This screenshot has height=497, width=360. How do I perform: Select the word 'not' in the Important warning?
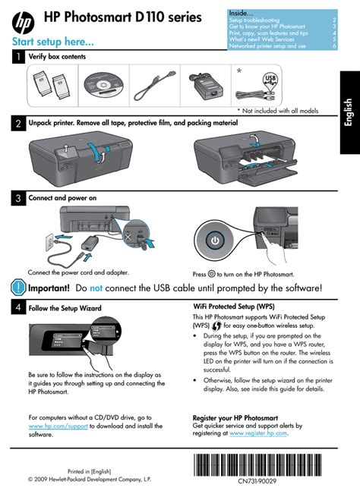tap(96, 288)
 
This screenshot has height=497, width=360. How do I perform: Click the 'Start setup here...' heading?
tap(52, 39)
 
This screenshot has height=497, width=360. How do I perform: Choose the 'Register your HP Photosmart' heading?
tap(235, 417)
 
